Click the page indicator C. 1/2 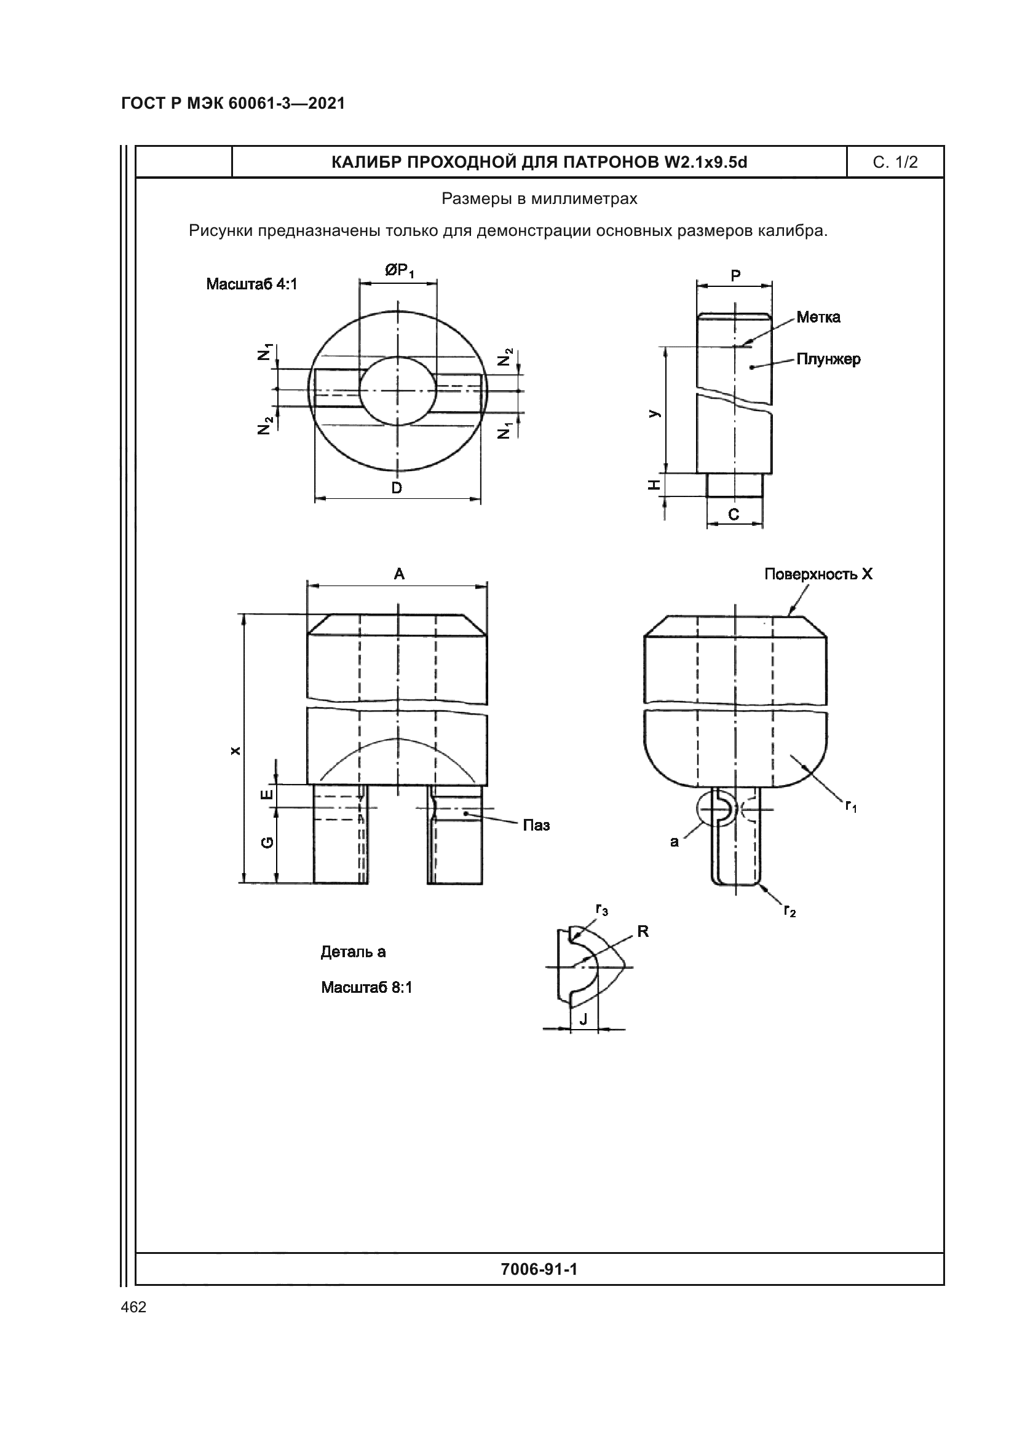tap(895, 163)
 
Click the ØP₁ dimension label tap(400, 271)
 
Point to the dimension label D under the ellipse tap(397, 488)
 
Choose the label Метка tap(818, 317)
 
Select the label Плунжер tap(828, 359)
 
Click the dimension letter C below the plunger tap(734, 514)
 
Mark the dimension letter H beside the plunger tap(654, 485)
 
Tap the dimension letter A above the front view tap(399, 574)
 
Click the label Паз tap(536, 826)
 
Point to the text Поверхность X tap(818, 574)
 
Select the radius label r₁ tap(851, 806)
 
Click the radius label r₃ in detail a tap(601, 909)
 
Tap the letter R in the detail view tap(643, 932)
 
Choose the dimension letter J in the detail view tap(584, 1020)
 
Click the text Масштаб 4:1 tap(251, 284)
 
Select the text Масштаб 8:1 tap(366, 988)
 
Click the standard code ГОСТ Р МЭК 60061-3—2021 tap(233, 103)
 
